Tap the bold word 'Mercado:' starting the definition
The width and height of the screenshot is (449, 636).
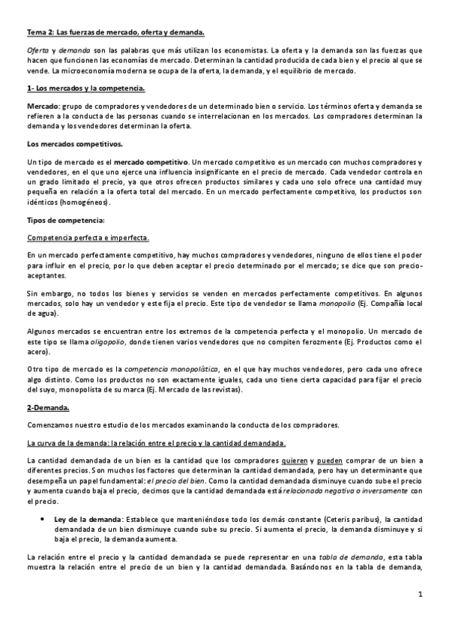click(42, 107)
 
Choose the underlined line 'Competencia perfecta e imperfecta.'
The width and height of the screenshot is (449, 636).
click(88, 238)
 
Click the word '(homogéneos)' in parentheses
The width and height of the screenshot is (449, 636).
click(86, 202)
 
